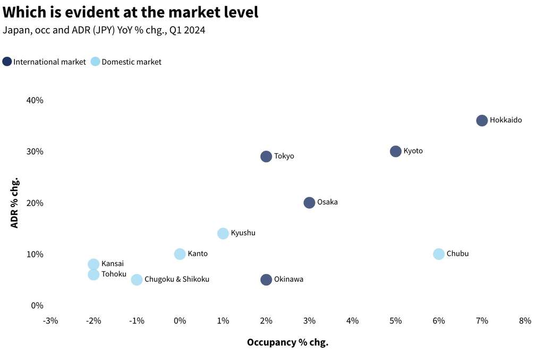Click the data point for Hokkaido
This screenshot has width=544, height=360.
[x=482, y=121]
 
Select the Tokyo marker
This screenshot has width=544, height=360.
[x=266, y=156]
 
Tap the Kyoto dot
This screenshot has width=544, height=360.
[x=396, y=151]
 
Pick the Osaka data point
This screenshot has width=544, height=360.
[x=309, y=203]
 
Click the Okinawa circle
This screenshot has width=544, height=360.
[x=266, y=280]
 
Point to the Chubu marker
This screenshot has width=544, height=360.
[x=439, y=254]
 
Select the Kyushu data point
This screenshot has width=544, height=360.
[x=223, y=234]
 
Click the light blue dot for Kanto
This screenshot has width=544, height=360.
[x=180, y=254]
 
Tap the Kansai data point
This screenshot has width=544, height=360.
[x=93, y=264]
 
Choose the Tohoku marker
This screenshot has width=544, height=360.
[x=93, y=275]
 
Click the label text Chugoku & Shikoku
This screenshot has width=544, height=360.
[x=177, y=279]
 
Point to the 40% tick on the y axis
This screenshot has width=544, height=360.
[x=35, y=100]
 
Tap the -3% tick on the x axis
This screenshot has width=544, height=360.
[x=50, y=321]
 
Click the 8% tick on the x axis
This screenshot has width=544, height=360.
[x=525, y=321]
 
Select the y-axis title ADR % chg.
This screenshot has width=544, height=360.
[x=15, y=203]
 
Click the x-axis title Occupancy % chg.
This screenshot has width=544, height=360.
[x=287, y=342]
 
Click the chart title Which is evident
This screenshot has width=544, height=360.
[x=130, y=12]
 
